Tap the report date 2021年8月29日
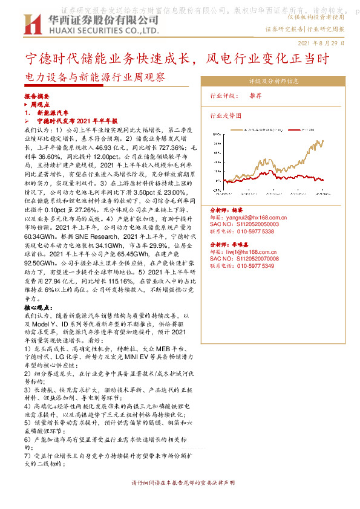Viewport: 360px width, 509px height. [321, 44]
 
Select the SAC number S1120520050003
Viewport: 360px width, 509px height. [252, 223]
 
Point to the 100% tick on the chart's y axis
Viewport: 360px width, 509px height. [216, 132]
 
